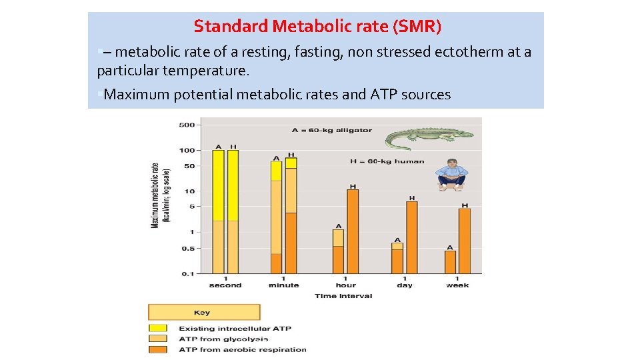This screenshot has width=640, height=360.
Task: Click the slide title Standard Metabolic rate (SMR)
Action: [x=317, y=27]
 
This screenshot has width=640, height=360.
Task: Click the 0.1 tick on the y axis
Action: [x=188, y=273]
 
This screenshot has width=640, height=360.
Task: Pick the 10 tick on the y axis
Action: [x=189, y=191]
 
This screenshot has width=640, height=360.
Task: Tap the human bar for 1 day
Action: [x=411, y=237]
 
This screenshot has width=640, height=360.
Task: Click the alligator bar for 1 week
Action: [x=450, y=261]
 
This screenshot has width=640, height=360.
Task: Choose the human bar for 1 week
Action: [x=465, y=241]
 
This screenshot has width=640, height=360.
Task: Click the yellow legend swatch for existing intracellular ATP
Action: [x=158, y=328]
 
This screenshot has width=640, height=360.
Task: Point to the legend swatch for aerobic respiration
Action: [x=158, y=349]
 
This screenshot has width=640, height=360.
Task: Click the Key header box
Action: [x=203, y=312]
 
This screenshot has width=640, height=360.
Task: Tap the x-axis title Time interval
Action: [x=343, y=295]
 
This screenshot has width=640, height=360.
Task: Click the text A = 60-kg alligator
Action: [x=331, y=130]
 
